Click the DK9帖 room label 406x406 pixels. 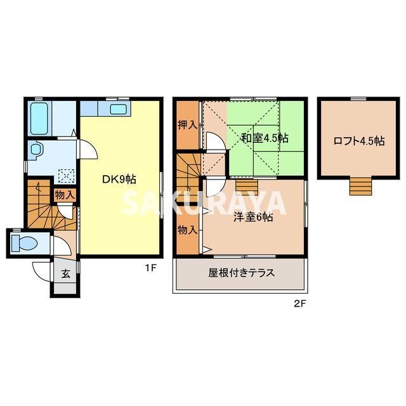click(x=119, y=179)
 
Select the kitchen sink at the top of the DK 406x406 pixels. click(x=119, y=109)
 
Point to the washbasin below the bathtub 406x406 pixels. click(x=36, y=151)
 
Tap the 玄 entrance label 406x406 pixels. click(x=65, y=274)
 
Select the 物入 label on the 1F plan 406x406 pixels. click(x=65, y=195)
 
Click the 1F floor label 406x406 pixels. click(x=150, y=268)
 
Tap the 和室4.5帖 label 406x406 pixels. click(x=265, y=137)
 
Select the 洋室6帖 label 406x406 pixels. click(x=252, y=217)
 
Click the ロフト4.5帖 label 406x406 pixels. click(x=358, y=141)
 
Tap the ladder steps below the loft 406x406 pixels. click(x=359, y=186)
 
